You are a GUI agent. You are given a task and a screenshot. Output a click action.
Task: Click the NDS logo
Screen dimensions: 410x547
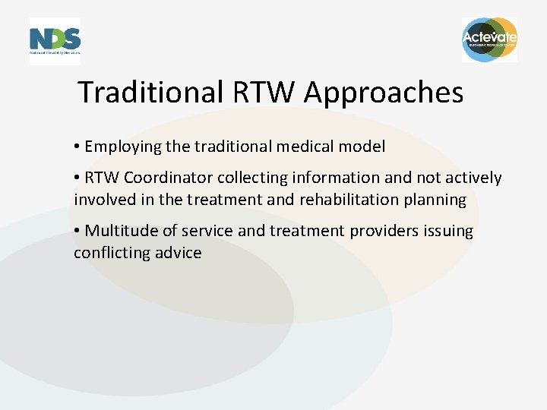pyautogui.click(x=55, y=40)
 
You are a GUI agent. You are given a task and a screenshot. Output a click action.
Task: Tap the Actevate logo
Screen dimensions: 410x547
pyautogui.click(x=489, y=39)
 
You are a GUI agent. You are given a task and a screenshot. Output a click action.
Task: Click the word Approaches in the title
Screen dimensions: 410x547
pyautogui.click(x=384, y=93)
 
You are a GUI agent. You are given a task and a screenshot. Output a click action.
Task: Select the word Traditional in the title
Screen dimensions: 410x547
pyautogui.click(x=148, y=93)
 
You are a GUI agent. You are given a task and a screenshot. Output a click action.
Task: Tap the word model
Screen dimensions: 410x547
pyautogui.click(x=365, y=147)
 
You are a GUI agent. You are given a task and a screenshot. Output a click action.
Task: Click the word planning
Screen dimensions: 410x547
pyautogui.click(x=436, y=200)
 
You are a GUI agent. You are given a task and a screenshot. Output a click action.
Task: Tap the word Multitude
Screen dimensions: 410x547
pyautogui.click(x=119, y=231)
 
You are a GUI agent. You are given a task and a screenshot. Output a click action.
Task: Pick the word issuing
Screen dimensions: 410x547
pyautogui.click(x=447, y=231)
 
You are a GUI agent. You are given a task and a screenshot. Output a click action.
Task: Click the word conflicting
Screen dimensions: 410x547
pyautogui.click(x=106, y=253)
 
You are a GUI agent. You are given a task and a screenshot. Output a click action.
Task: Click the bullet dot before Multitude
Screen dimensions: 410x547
pyautogui.click(x=77, y=231)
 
